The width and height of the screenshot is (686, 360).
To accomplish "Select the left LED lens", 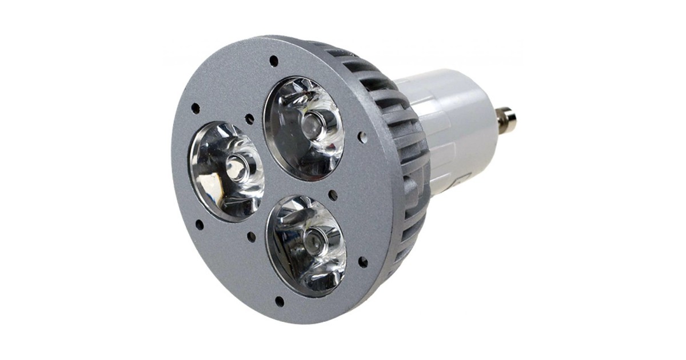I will (226, 171).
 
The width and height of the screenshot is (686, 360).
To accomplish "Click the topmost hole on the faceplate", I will (274, 60).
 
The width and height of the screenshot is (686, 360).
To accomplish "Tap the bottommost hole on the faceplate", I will (280, 301).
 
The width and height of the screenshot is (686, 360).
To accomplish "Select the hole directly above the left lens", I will (196, 108).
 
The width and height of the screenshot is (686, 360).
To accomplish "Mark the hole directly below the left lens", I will (200, 225).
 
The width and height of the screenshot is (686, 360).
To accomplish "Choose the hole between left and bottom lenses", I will (251, 235).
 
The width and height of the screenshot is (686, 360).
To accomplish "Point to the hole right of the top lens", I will (362, 137).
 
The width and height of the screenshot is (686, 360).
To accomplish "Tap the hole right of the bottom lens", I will (362, 262).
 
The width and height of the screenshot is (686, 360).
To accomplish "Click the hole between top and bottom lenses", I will (333, 195).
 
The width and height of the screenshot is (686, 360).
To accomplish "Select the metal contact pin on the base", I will (506, 119).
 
